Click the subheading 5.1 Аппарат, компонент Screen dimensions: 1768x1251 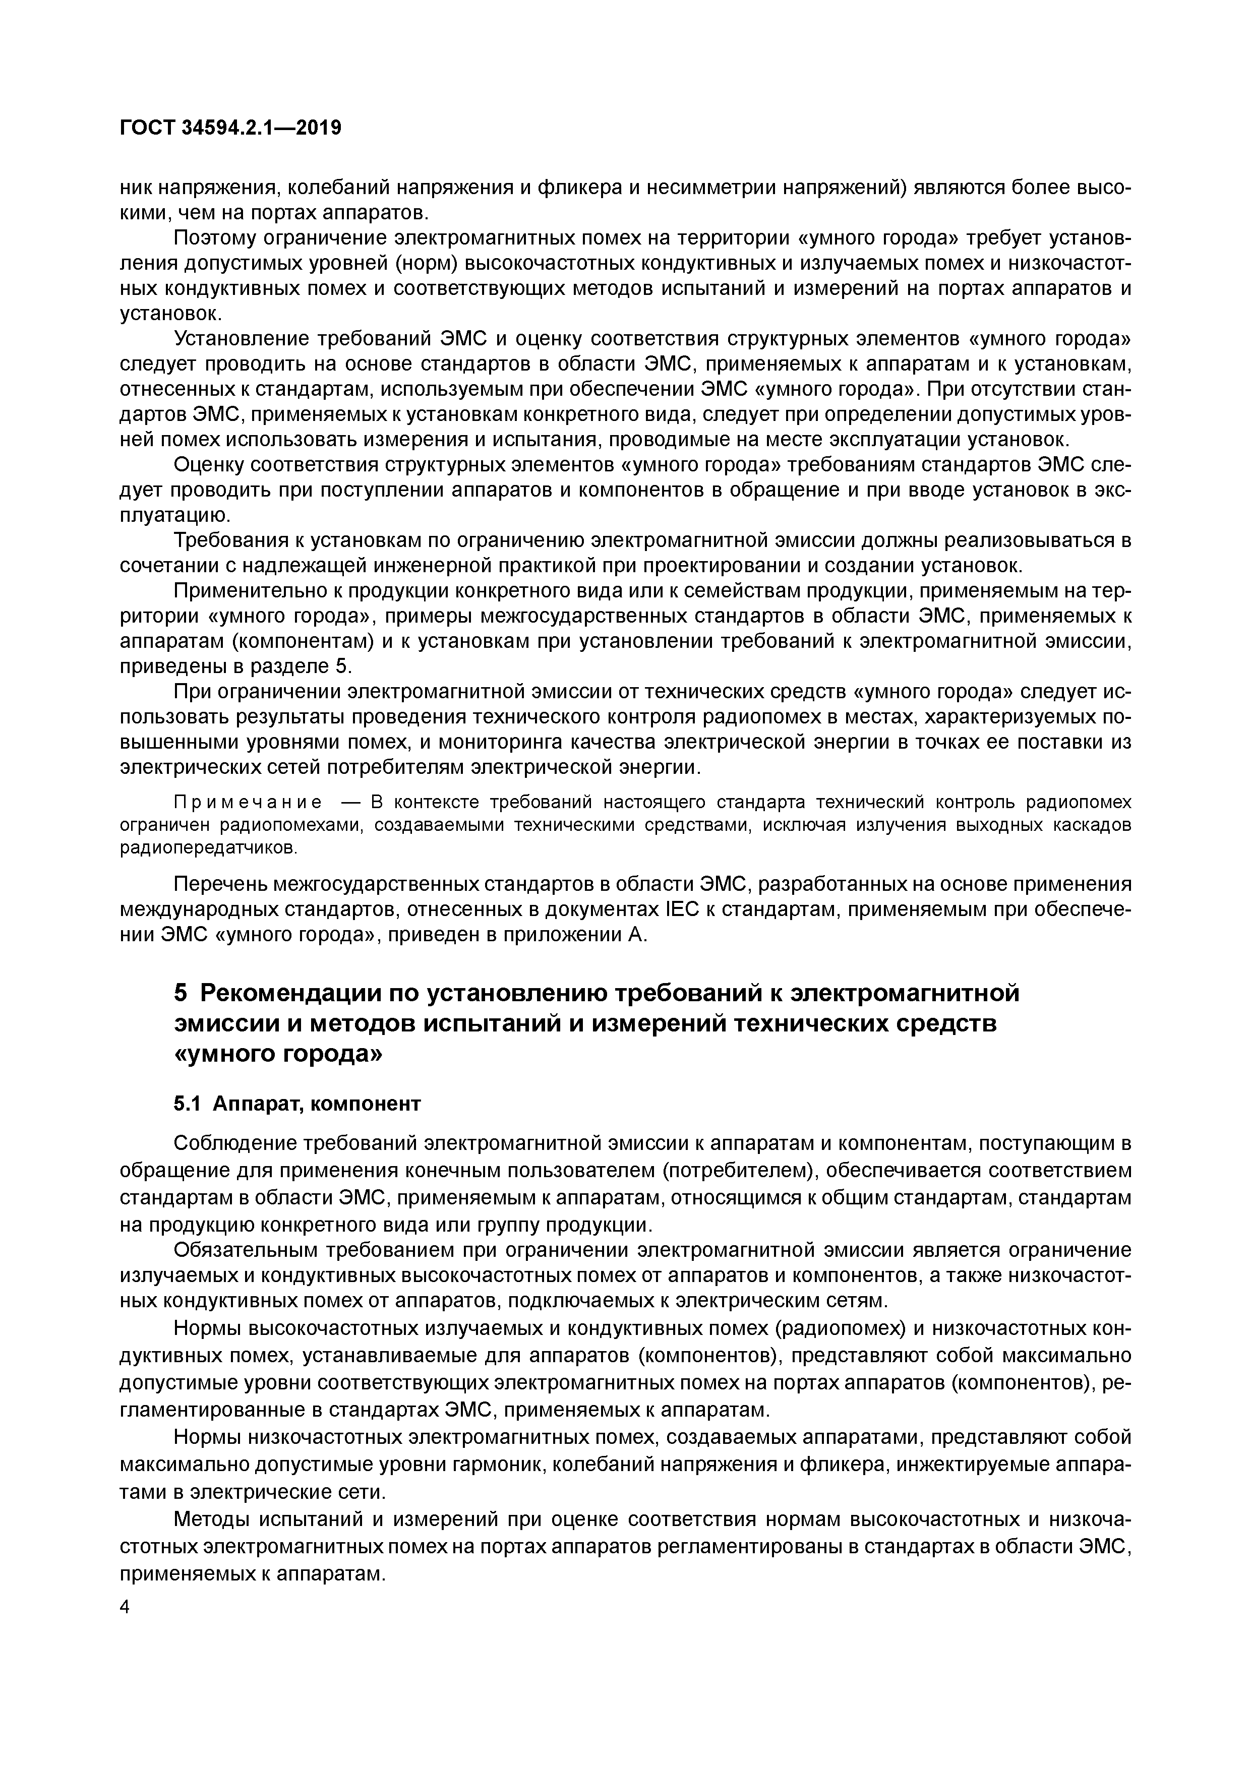coord(297,1104)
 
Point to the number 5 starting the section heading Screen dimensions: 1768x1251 coord(180,993)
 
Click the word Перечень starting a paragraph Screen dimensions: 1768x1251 coord(220,884)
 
